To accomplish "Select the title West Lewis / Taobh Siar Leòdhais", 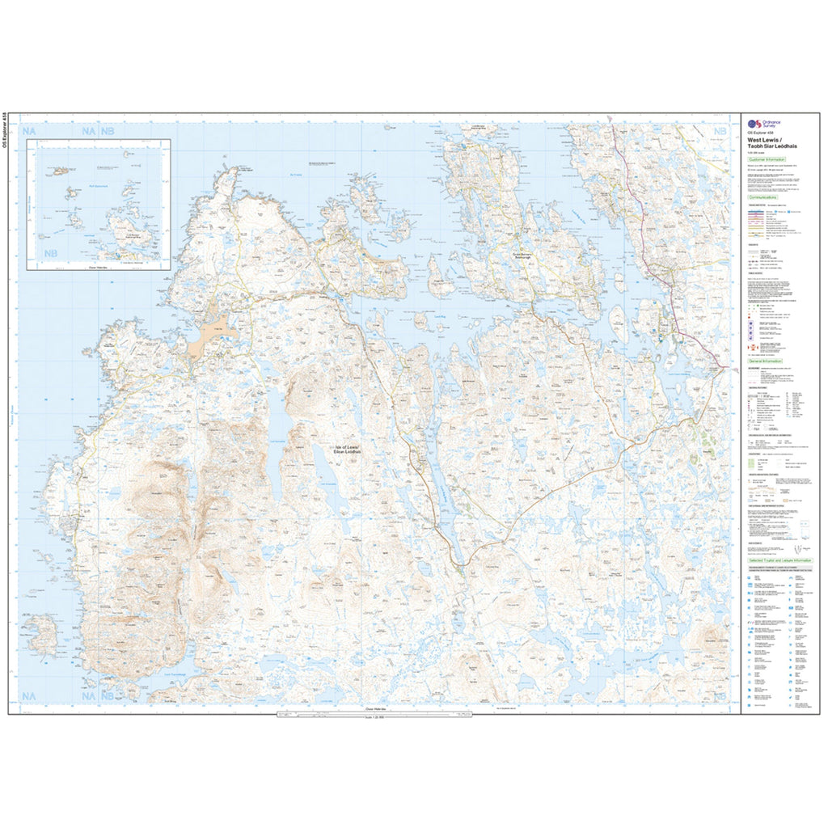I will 764,142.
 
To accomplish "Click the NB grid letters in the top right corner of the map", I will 720,131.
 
